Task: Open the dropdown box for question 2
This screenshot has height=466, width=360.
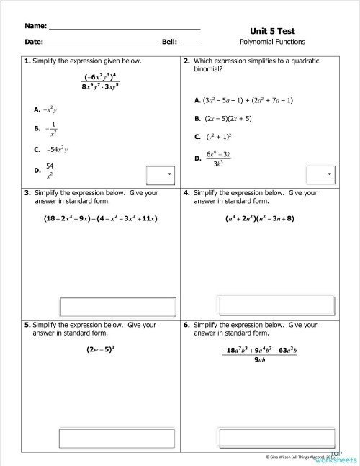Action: [321, 174]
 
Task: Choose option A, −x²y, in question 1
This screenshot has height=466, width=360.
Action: [51, 109]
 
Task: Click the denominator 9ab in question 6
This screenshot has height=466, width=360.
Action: [260, 361]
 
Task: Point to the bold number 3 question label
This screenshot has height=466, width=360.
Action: [27, 193]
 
